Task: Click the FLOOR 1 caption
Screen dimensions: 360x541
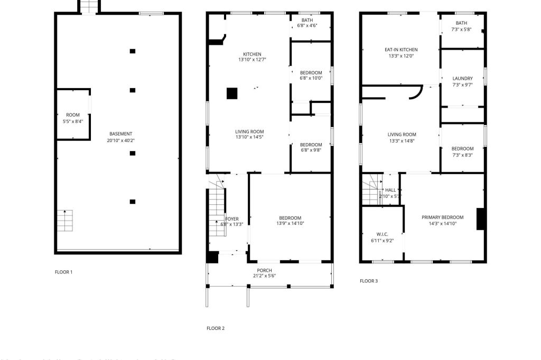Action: (x=64, y=272)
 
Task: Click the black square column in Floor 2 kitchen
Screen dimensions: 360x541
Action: (x=232, y=93)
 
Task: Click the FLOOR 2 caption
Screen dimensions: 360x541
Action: (x=216, y=328)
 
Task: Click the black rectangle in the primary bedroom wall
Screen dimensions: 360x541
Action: (x=481, y=219)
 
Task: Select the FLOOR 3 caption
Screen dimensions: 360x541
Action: (x=369, y=281)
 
